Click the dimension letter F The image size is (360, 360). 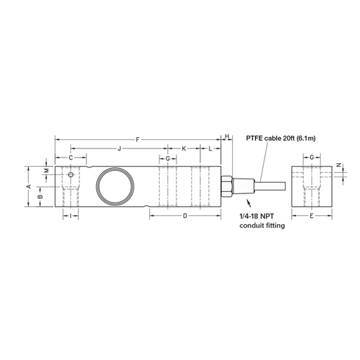pos(138,140)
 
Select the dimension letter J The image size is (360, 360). pos(120,148)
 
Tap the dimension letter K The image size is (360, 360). pos(184,148)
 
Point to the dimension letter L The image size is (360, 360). pos(210,148)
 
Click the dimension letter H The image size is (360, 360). pos(227,136)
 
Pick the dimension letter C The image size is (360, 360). pos(71,157)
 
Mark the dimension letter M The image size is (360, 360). pos(46,170)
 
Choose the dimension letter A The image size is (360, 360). pos(29,186)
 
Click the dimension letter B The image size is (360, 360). pos(41,196)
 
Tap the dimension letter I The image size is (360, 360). pos(70,216)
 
